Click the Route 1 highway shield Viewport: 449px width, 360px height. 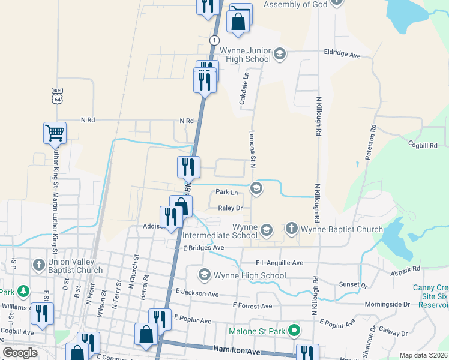point(214,40)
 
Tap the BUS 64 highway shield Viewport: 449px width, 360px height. point(57,95)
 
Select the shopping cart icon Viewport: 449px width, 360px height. point(54,133)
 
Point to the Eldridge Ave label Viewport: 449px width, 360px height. point(342,55)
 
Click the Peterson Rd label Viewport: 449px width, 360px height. point(369,143)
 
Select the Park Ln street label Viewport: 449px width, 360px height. point(226,193)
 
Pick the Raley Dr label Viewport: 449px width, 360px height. point(230,208)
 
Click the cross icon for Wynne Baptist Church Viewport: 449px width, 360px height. point(291,229)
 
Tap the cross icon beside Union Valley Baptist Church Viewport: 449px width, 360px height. point(38,265)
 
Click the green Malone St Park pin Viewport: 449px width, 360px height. point(294,331)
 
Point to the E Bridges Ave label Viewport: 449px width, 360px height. point(203,247)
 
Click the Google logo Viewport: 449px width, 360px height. point(20,353)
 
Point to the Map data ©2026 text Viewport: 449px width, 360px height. point(423,355)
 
